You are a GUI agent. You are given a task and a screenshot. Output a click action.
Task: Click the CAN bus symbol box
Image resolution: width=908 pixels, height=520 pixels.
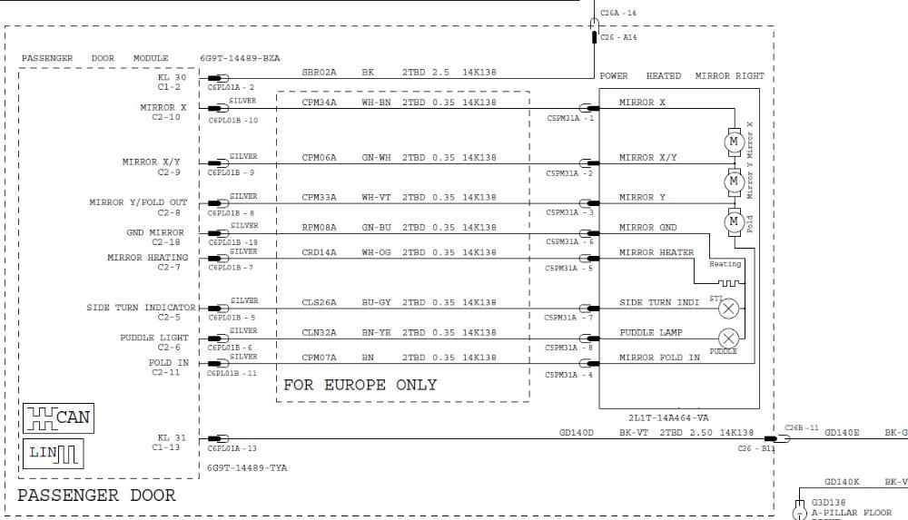tap(58, 419)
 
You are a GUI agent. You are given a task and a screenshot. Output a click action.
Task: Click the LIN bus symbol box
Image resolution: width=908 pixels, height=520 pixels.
tap(54, 451)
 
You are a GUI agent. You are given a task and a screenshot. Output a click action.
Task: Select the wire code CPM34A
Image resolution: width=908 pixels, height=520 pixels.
tap(319, 103)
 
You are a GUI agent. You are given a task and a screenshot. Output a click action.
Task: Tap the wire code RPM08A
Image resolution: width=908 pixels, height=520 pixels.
tap(319, 227)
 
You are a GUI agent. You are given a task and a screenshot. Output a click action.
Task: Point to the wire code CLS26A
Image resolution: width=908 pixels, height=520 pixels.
tap(319, 302)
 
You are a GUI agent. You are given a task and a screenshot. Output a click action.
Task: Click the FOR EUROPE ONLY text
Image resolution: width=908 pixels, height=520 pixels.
tap(360, 385)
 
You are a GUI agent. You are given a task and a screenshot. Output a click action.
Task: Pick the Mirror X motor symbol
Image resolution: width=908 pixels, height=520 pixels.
tap(732, 142)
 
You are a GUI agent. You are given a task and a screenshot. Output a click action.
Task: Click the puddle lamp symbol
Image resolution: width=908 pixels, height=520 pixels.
tap(727, 339)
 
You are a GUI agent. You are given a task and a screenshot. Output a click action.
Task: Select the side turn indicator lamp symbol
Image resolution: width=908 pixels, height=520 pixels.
tap(727, 309)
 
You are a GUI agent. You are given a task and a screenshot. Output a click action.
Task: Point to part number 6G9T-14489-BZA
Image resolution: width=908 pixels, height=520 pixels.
tap(240, 58)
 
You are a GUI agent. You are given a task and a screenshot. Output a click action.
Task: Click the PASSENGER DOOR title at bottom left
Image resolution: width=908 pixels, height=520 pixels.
tap(96, 495)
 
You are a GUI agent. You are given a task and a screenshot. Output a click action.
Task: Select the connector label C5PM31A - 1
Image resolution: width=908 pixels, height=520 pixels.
tap(570, 118)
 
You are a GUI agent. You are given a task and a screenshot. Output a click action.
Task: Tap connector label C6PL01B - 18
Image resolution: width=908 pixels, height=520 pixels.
tap(232, 242)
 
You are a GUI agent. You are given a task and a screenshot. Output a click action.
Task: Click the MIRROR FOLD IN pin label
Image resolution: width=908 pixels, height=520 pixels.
tap(659, 358)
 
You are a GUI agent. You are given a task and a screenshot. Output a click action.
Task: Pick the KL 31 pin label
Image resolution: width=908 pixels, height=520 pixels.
tap(172, 437)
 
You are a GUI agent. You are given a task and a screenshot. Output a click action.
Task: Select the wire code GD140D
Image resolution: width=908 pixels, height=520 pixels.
tap(576, 433)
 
